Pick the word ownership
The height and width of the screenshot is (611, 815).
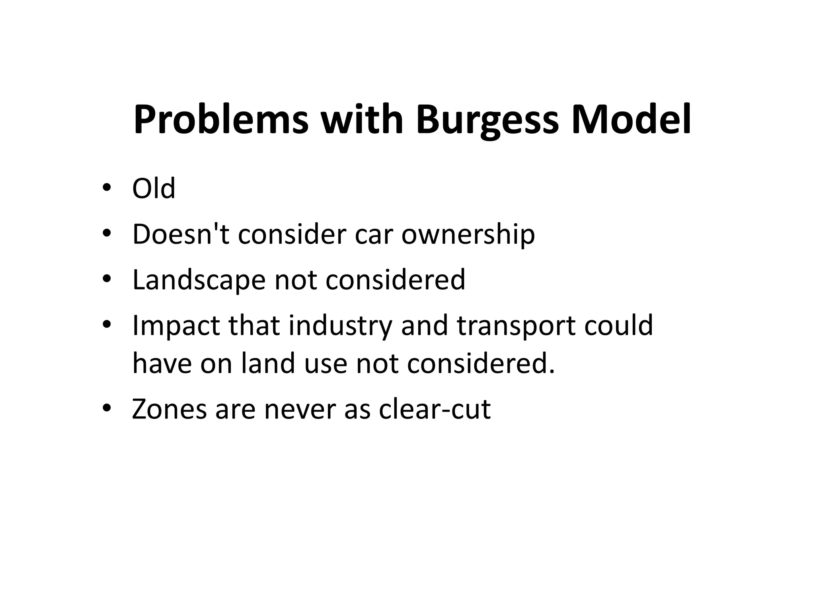pyautogui.click(x=468, y=235)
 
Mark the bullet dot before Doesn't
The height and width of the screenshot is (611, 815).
pyautogui.click(x=106, y=234)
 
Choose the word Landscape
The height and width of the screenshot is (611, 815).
pyautogui.click(x=199, y=280)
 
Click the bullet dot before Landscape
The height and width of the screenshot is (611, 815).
pyautogui.click(x=106, y=279)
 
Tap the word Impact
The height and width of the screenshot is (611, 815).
pyautogui.click(x=176, y=326)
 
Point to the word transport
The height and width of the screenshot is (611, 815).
pyautogui.click(x=515, y=326)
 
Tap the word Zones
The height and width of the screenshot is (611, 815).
pyautogui.click(x=169, y=409)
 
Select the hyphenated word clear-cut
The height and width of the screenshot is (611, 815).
pyautogui.click(x=435, y=409)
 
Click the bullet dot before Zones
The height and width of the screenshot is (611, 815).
pyautogui.click(x=106, y=409)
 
